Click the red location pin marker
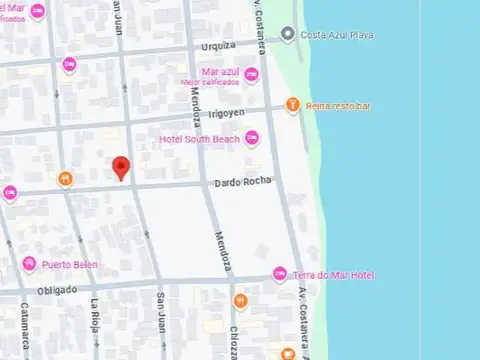click(121, 168)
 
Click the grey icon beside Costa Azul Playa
click(288, 35)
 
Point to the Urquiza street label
click(217, 45)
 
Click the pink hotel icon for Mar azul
click(251, 75)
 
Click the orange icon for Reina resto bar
click(292, 104)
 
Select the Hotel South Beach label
click(200, 139)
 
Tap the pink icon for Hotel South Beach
click(251, 139)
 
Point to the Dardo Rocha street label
click(238, 183)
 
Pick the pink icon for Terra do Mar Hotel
click(281, 275)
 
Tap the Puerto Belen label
click(71, 265)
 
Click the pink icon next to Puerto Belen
click(30, 264)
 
